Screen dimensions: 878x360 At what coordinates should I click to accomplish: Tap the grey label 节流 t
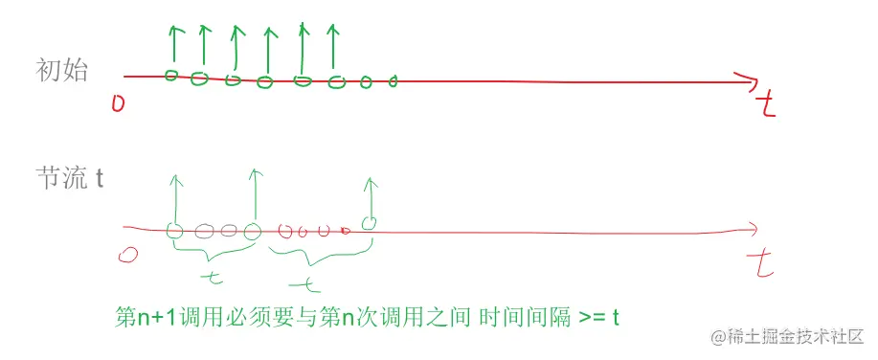click(x=69, y=179)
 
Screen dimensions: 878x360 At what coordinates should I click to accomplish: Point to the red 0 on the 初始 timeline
click(x=118, y=102)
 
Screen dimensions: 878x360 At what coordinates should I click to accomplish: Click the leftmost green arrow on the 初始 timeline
click(x=173, y=44)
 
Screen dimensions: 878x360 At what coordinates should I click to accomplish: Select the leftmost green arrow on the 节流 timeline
click(x=174, y=198)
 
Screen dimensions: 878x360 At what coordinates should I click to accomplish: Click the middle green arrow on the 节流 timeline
click(x=255, y=194)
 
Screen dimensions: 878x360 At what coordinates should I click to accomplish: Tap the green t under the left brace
click(x=214, y=278)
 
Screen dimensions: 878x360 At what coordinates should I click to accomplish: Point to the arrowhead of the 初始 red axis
click(x=747, y=81)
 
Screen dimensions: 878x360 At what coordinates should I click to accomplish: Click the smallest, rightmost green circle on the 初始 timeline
click(x=393, y=82)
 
